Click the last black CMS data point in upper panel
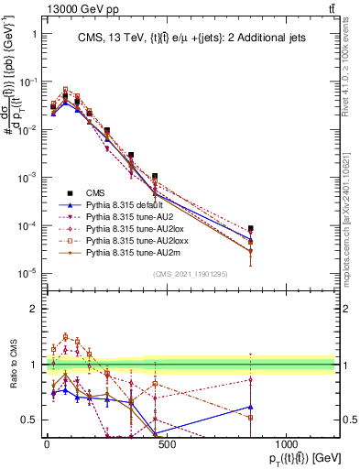pyautogui.click(x=251, y=228)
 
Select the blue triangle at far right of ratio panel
pyautogui.click(x=251, y=407)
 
